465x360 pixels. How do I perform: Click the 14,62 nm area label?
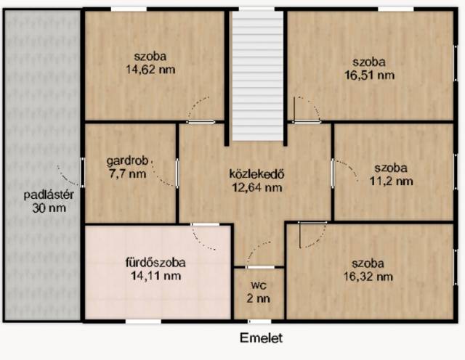pyautogui.click(x=150, y=70)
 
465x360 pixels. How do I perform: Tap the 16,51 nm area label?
pyautogui.click(x=369, y=75)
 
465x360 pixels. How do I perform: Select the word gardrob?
pyautogui.click(x=127, y=161)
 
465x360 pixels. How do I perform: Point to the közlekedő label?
pyautogui.click(x=256, y=174)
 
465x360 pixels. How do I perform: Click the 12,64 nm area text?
pyautogui.click(x=256, y=187)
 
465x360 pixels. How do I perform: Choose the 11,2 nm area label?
pyautogui.click(x=391, y=181)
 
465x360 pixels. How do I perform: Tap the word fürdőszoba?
pyautogui.click(x=155, y=263)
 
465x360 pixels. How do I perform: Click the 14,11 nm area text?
pyautogui.click(x=155, y=276)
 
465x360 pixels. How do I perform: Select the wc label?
pyautogui.click(x=259, y=286)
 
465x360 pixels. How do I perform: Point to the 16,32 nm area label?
pyautogui.click(x=368, y=277)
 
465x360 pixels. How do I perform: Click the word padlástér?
pyautogui.click(x=49, y=195)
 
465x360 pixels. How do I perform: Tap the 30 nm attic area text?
pyautogui.click(x=49, y=208)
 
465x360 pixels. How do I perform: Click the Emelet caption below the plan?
pyautogui.click(x=261, y=337)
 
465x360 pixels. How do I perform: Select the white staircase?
pyautogui.click(x=257, y=76)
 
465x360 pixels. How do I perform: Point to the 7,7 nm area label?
pyautogui.click(x=127, y=174)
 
